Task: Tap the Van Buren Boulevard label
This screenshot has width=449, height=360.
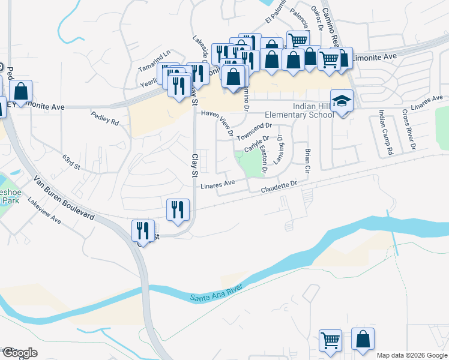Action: click(x=64, y=198)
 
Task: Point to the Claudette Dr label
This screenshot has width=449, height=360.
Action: click(x=279, y=187)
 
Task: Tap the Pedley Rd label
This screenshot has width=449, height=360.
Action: click(x=105, y=117)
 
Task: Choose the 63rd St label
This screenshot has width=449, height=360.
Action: click(x=71, y=161)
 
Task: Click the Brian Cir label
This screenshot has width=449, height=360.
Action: click(x=307, y=161)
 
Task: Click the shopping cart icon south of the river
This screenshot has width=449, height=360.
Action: click(x=331, y=340)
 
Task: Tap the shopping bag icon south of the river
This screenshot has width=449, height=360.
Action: click(x=363, y=339)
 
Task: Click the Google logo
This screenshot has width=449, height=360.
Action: click(x=19, y=353)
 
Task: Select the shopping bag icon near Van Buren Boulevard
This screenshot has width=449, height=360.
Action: click(x=20, y=91)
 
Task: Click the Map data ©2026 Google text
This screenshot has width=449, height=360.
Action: click(x=411, y=355)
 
